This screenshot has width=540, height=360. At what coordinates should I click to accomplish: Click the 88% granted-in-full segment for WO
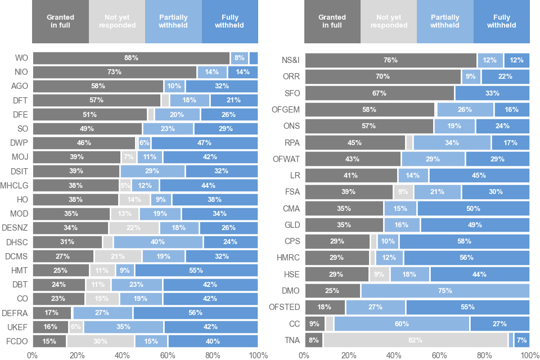(131, 58)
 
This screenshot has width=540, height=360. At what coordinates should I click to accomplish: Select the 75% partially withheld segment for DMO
(445, 291)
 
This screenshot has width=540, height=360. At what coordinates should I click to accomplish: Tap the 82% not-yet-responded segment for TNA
(416, 340)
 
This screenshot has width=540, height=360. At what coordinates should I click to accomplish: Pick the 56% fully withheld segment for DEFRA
(196, 313)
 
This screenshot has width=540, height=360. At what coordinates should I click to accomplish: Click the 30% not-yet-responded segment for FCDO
(101, 341)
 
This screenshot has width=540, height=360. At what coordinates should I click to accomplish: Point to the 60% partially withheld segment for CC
(402, 324)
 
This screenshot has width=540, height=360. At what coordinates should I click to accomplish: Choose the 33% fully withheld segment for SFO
(492, 93)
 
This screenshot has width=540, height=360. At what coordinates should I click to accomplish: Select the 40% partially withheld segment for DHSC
(158, 242)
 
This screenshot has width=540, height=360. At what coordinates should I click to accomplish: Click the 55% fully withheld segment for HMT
(196, 270)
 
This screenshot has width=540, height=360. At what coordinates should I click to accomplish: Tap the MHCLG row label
(15, 185)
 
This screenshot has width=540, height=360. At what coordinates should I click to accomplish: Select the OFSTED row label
(286, 307)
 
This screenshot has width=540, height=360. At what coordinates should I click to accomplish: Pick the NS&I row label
(290, 60)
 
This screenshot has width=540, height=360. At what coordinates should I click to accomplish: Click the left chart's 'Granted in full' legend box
(60, 21)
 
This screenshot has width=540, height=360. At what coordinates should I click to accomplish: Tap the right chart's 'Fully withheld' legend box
(502, 21)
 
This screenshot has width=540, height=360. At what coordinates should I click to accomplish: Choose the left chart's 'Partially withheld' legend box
(173, 21)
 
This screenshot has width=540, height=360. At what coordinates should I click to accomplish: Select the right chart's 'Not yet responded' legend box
(389, 21)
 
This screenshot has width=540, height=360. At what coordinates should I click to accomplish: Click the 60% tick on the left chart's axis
(168, 355)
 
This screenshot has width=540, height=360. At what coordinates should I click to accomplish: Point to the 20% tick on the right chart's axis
(349, 355)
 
